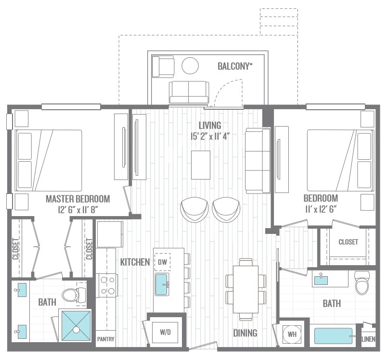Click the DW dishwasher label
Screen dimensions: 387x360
(x=162, y=262)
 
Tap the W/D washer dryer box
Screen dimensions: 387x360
(x=165, y=333)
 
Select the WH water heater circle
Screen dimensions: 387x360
(x=292, y=334)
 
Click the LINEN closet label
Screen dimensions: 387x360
(x=368, y=339)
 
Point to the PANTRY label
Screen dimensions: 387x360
(x=105, y=339)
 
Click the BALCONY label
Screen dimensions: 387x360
(x=235, y=66)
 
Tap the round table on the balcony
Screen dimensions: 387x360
(x=190, y=65)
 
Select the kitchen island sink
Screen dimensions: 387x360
(x=162, y=284)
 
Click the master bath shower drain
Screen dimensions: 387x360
(x=77, y=329)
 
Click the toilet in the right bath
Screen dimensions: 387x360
(x=362, y=283)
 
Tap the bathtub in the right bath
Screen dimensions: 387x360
(x=333, y=336)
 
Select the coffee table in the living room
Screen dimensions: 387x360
(x=201, y=165)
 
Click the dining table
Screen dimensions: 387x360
(x=245, y=289)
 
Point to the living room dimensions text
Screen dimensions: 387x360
(x=210, y=136)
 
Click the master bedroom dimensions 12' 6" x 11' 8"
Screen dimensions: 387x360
(x=78, y=210)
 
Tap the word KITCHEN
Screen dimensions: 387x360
(x=135, y=262)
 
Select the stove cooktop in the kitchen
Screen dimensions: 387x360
(x=108, y=285)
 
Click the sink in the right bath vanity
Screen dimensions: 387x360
(x=321, y=280)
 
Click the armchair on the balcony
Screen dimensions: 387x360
(x=163, y=66)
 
